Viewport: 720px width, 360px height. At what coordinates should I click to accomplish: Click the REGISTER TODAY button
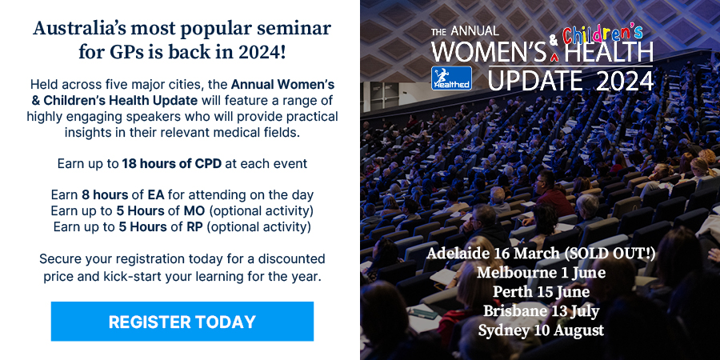[182, 322]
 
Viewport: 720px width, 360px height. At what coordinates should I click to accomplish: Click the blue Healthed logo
[451, 78]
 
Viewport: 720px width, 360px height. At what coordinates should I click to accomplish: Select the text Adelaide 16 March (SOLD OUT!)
[541, 254]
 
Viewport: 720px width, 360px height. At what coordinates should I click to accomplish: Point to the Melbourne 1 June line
[541, 273]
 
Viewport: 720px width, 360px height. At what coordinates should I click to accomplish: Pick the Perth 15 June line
[541, 292]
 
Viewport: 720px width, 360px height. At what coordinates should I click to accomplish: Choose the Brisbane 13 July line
[541, 311]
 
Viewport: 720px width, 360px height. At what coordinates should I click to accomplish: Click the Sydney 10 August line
[541, 330]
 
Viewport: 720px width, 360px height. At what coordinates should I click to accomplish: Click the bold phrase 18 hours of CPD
[172, 164]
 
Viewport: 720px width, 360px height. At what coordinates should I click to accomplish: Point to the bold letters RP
[194, 227]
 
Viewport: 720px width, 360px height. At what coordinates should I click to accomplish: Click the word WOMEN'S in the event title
[489, 51]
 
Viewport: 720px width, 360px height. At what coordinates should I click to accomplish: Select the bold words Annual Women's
[282, 85]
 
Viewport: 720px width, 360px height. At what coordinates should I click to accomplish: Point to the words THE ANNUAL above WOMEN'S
[465, 30]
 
